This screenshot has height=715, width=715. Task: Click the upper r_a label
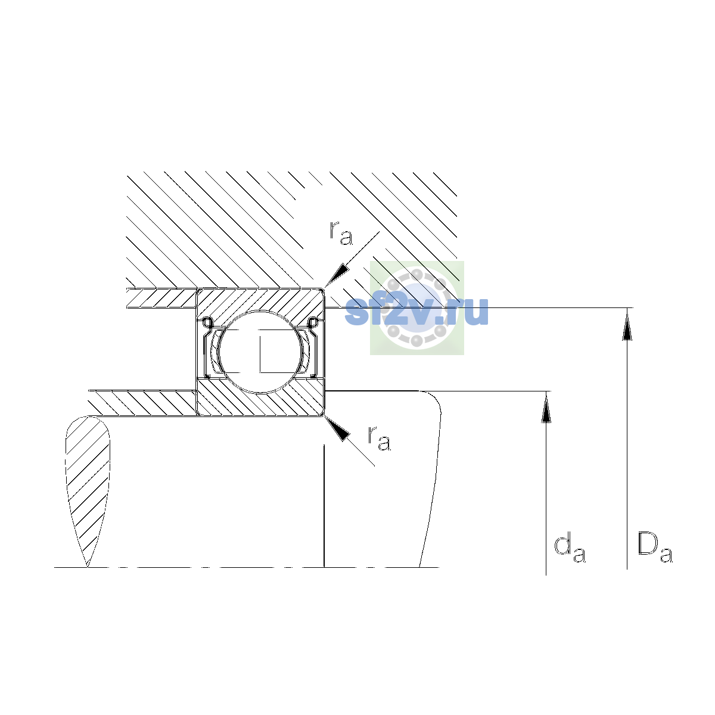coord(341,234)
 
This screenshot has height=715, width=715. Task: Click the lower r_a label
coord(379,439)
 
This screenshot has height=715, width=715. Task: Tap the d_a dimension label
coord(570,549)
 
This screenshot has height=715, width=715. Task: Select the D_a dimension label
coord(655,549)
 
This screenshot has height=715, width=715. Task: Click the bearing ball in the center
coord(260,352)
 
